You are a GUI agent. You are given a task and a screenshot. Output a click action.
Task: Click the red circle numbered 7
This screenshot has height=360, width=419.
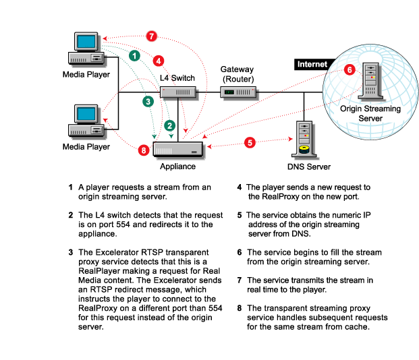coord(152,36)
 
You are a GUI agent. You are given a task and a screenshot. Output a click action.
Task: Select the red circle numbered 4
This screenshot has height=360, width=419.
coord(159,60)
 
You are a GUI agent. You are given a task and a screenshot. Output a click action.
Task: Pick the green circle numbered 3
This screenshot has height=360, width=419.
coord(148,101)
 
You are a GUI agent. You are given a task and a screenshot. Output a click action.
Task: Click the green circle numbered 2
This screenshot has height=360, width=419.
coord(170,125)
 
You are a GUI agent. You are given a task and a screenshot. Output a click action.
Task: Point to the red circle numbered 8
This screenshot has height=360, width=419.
coord(144,150)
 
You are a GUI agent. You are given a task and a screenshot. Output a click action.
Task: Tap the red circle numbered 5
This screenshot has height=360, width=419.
coord(250,142)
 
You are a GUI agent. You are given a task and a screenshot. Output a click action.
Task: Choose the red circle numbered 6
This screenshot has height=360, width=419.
coord(349,69)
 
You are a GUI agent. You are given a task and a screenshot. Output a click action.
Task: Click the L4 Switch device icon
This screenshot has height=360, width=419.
coord(178,92)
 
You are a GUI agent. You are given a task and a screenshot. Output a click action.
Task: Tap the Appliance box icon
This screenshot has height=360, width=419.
coord(177,148)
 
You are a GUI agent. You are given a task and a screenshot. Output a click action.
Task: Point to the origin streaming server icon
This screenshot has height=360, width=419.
coord(370,81)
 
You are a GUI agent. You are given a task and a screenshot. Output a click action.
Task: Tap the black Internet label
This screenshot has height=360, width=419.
coord(312,65)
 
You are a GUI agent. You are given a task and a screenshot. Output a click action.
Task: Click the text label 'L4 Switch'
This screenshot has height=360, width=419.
coord(177,78)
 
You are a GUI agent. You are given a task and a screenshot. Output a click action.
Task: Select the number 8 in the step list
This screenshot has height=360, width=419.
coord(240,308)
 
